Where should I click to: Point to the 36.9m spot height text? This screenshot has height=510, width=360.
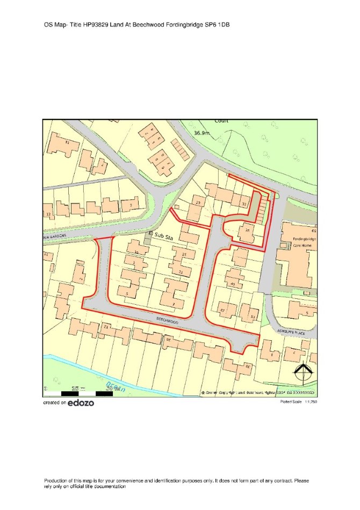(x=201, y=133)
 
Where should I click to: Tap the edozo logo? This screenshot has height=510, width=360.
(x=81, y=403)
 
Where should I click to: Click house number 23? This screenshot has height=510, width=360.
(x=198, y=203)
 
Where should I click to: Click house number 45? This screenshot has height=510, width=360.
(x=233, y=283)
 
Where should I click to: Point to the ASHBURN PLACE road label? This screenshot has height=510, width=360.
(x=290, y=332)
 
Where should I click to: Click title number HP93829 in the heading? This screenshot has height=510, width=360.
(x=96, y=25)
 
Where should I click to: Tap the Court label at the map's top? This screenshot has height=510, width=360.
(x=221, y=121)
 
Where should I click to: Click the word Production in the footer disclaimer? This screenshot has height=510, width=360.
(x=56, y=480)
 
